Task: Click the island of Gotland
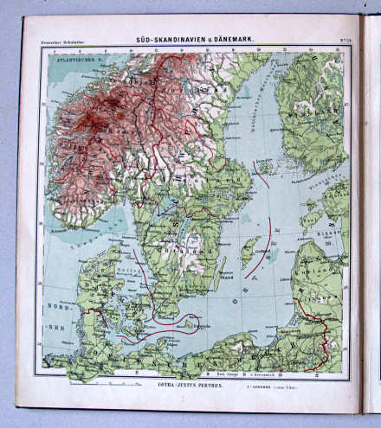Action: click(x=249, y=252)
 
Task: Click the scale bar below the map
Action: click(x=113, y=381)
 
